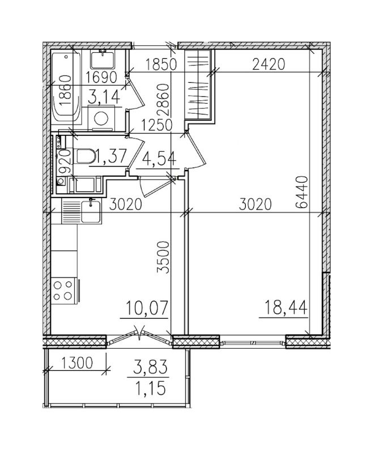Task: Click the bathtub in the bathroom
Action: pos(66,87)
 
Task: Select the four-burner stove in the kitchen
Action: pos(64,291)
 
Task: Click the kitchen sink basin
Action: pos(91,211)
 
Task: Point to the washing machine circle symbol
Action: pos(101,118)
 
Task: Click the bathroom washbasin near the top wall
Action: pos(103,59)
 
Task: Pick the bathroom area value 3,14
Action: pos(104,96)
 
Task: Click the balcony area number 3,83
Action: pos(150,367)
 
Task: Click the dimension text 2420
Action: pos(269,64)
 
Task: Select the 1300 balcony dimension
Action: pos(76,363)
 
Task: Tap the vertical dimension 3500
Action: pos(164,257)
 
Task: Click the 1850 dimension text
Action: pos(161,65)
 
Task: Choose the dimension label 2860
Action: pos(164,100)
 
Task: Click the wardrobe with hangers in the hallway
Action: pos(198,84)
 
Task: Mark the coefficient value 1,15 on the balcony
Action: pos(150,388)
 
